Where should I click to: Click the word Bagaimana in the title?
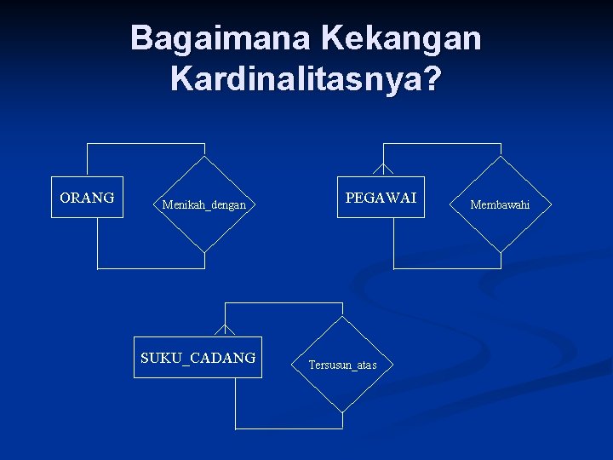coord(221,38)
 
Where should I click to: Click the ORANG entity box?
coord(87,198)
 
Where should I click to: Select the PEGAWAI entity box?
coord(381,198)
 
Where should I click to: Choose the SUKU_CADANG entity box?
coord(198,358)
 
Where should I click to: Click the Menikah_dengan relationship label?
coord(204,204)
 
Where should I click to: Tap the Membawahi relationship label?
coord(500,204)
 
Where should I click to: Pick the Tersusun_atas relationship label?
coord(342,365)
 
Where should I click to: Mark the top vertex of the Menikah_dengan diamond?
coord(204,157)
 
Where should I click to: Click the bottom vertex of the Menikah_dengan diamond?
coord(204,252)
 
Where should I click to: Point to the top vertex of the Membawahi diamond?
coord(500,157)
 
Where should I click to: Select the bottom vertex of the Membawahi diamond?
coord(500,252)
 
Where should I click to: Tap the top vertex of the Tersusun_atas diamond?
coord(342,318)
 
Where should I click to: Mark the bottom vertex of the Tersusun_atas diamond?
coord(342,413)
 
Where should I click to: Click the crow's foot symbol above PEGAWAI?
coord(383,170)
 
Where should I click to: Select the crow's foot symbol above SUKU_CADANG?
coord(225,330)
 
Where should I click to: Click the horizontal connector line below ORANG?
coord(151,268)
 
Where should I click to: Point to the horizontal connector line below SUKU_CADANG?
coord(289,428)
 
